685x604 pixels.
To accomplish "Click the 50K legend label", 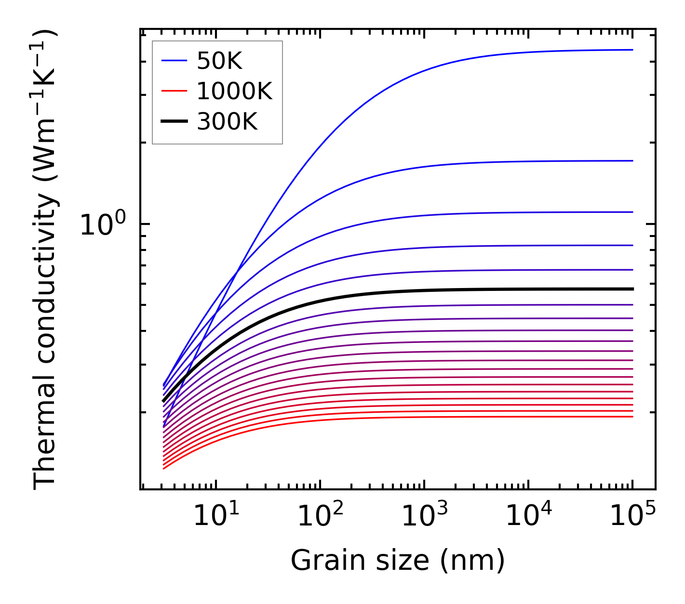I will [219, 61].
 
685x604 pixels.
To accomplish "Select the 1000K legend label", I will [234, 92].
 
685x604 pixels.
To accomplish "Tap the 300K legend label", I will [227, 122].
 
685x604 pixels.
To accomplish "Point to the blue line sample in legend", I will [174, 61].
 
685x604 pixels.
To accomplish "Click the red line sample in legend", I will [174, 91].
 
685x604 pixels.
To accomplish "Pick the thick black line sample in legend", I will [174, 121].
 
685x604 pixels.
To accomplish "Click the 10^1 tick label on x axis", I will [216, 516].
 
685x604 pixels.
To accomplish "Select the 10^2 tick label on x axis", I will [320, 516].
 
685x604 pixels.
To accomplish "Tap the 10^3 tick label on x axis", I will [424, 516].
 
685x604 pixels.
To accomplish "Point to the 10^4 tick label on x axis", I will [528, 516].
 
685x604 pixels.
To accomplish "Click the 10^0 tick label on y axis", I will [102, 224].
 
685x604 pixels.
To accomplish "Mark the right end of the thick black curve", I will [632, 289].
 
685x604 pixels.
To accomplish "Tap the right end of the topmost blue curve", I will [632, 50].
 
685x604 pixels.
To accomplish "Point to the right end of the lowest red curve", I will [632, 417].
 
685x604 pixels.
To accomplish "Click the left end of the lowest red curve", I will [164, 469].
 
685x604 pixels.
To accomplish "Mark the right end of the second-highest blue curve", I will [632, 161].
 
